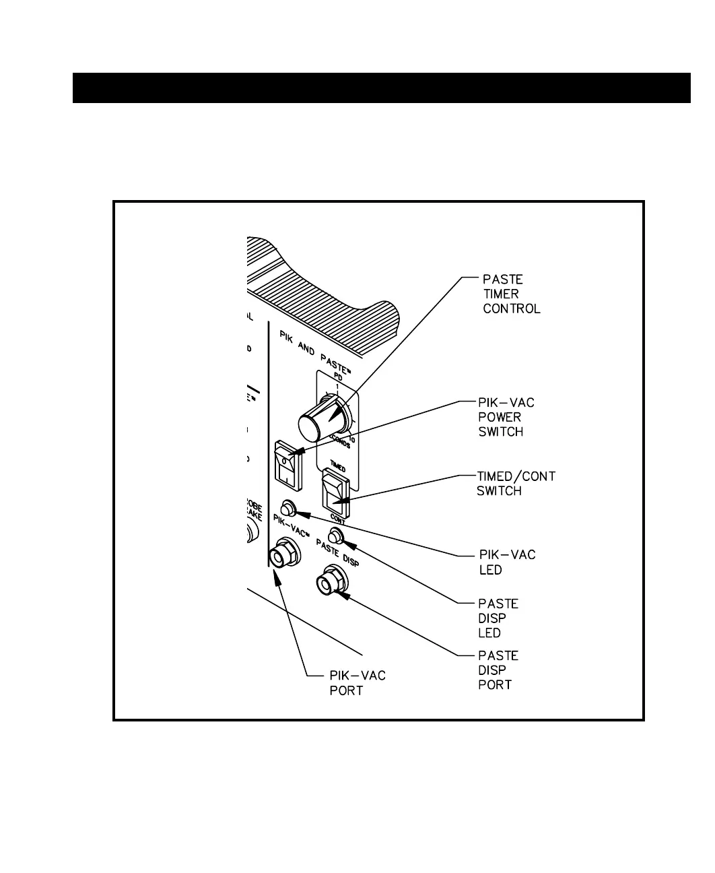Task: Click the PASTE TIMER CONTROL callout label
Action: tap(511, 294)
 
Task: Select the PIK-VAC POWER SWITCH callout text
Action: tap(506, 417)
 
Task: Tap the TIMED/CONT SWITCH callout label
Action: tap(516, 484)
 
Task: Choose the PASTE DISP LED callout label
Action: tap(498, 618)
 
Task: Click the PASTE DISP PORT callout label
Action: tap(498, 670)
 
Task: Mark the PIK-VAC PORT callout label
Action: tap(357, 682)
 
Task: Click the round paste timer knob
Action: tap(316, 422)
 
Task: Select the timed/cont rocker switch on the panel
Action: tap(335, 492)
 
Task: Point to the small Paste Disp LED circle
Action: tap(337, 536)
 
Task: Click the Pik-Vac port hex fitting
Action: tap(283, 556)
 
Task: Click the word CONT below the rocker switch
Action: tap(337, 519)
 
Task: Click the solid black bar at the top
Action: tap(381, 88)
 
